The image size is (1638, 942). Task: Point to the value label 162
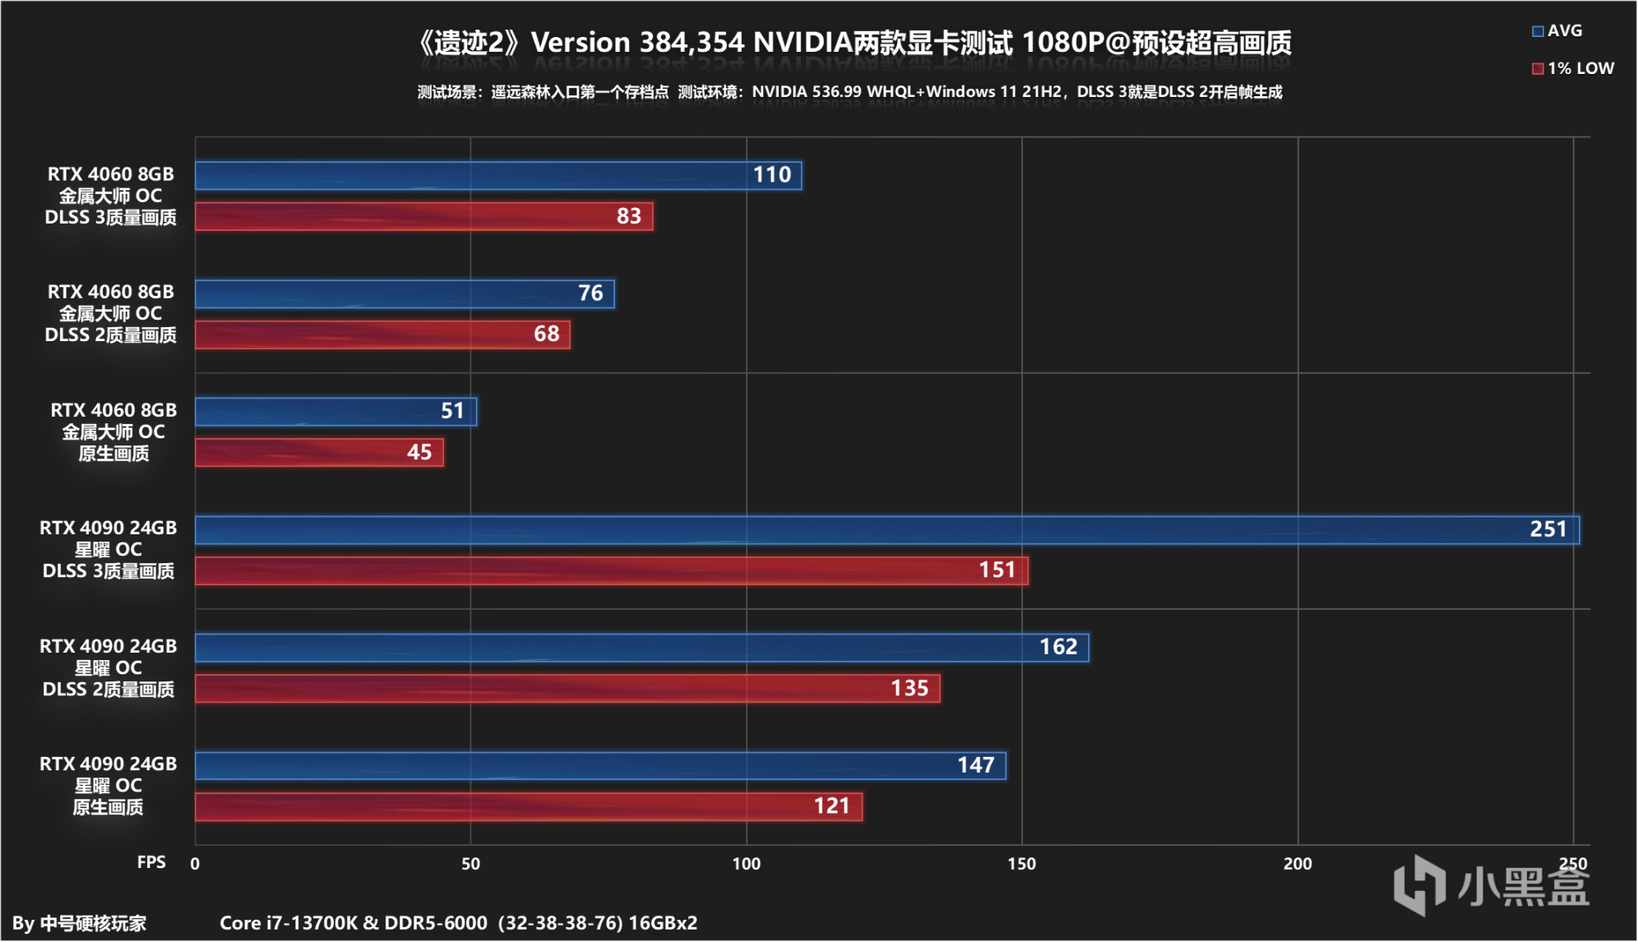(x=1057, y=647)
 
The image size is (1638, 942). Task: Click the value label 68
(x=546, y=334)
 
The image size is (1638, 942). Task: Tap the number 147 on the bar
(x=975, y=765)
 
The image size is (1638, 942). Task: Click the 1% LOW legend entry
(x=1572, y=68)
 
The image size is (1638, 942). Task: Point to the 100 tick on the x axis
(x=746, y=863)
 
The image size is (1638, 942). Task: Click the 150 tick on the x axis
(x=1021, y=863)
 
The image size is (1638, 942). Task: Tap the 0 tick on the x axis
(x=195, y=863)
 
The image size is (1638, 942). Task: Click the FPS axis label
(x=151, y=861)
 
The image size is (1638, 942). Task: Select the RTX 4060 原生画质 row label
(x=113, y=432)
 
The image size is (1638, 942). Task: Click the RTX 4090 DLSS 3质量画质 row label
(x=109, y=549)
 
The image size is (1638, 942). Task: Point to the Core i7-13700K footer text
(x=458, y=922)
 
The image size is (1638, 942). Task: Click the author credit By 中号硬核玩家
(x=79, y=923)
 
